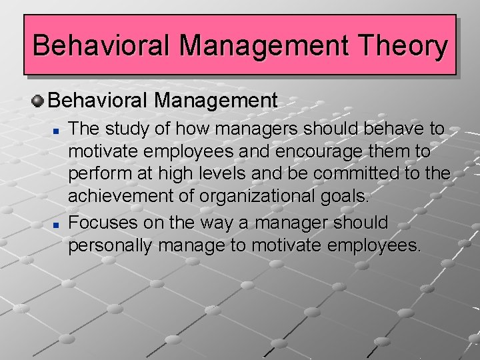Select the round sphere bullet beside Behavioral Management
pyautogui.click(x=38, y=101)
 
